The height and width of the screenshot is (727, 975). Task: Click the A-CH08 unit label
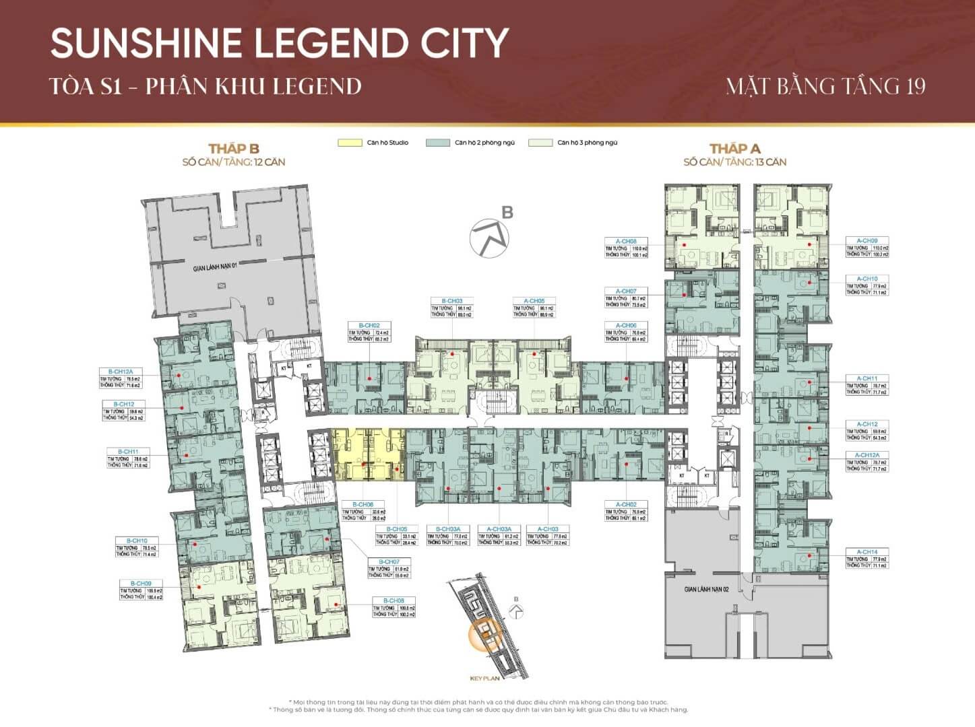coord(626,241)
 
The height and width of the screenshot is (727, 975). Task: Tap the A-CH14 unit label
coord(867,552)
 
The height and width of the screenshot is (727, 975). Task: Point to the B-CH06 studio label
coord(363,504)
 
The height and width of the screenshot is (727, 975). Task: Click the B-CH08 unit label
coord(394,600)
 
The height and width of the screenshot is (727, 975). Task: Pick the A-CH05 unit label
coord(533,301)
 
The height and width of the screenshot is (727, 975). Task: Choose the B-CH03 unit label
coord(451,301)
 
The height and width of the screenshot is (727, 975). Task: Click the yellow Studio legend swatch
coord(349,143)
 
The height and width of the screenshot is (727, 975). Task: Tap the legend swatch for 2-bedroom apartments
coord(437,143)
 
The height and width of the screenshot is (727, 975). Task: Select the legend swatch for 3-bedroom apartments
coord(540,143)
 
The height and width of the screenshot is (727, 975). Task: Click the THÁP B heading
coord(234,149)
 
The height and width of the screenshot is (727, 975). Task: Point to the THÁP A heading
coord(734,149)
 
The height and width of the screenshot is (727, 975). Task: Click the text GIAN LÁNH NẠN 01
coord(216,268)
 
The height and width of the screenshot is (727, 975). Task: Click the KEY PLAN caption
coord(484,678)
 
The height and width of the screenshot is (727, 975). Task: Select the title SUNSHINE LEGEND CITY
coord(279,42)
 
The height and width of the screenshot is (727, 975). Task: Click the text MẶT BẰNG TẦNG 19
coord(825,86)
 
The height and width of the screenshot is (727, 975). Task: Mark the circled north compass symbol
coord(490,238)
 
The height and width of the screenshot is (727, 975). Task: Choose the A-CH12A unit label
coord(867,455)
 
